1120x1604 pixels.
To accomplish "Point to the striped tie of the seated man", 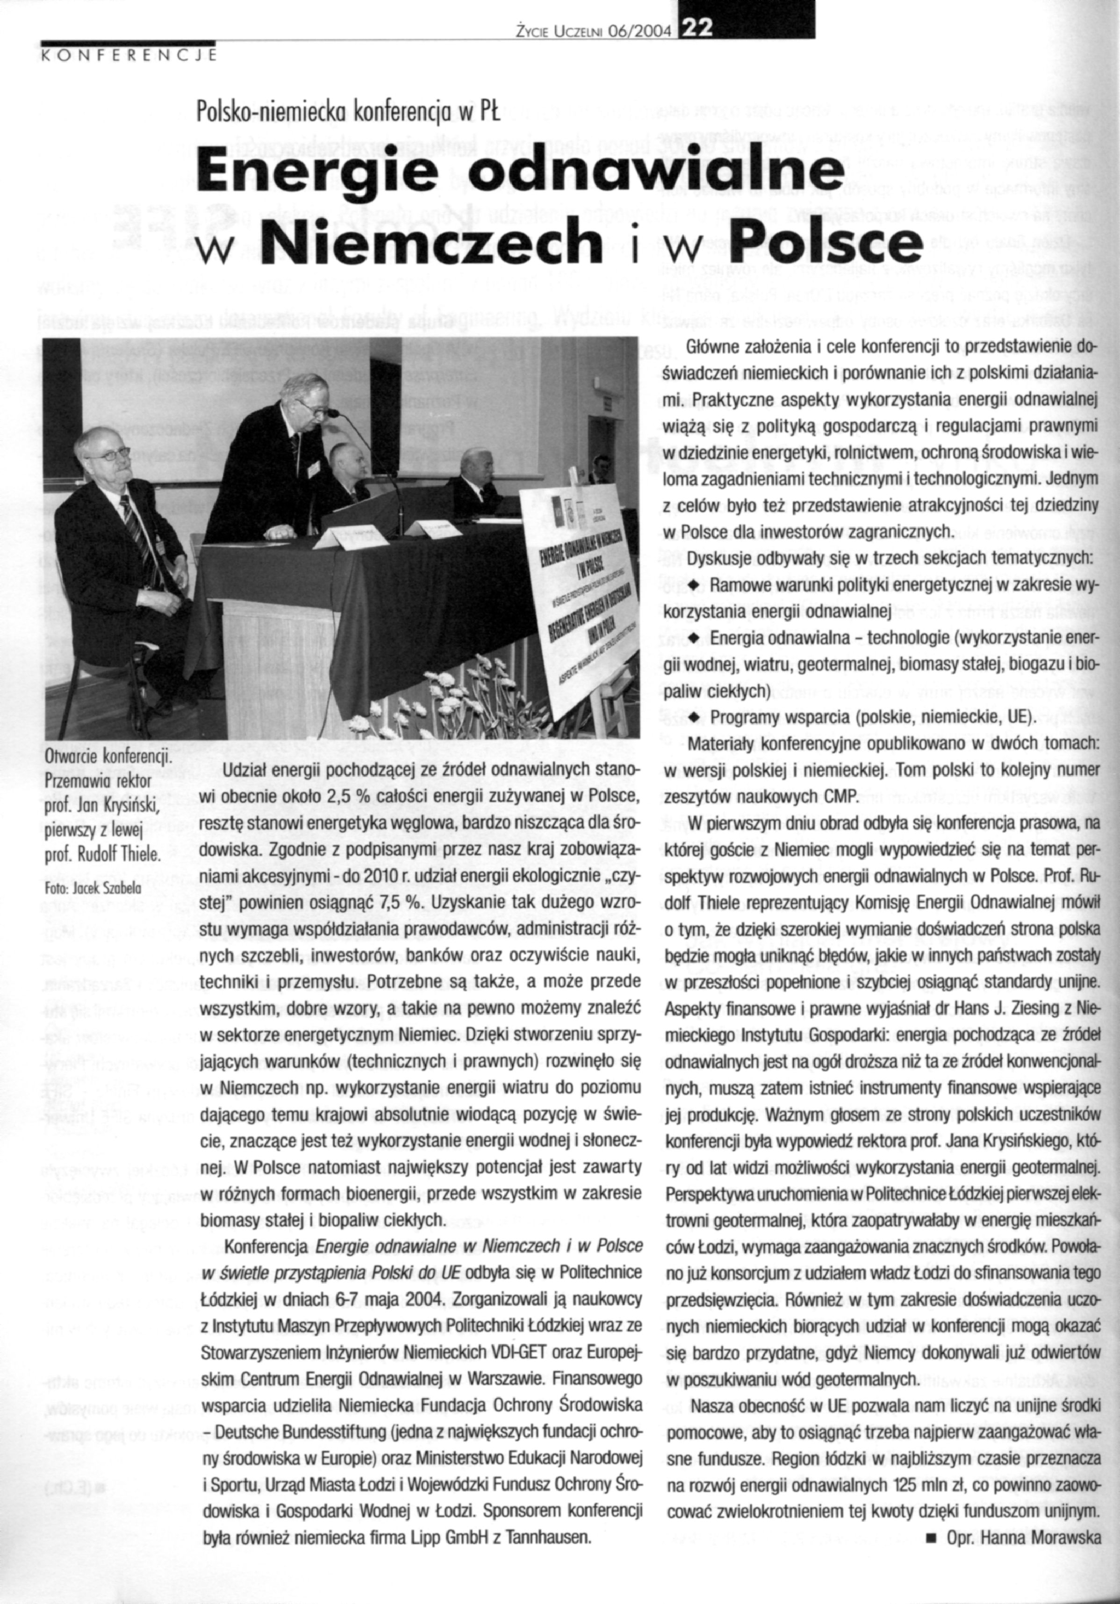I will (x=136, y=531).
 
